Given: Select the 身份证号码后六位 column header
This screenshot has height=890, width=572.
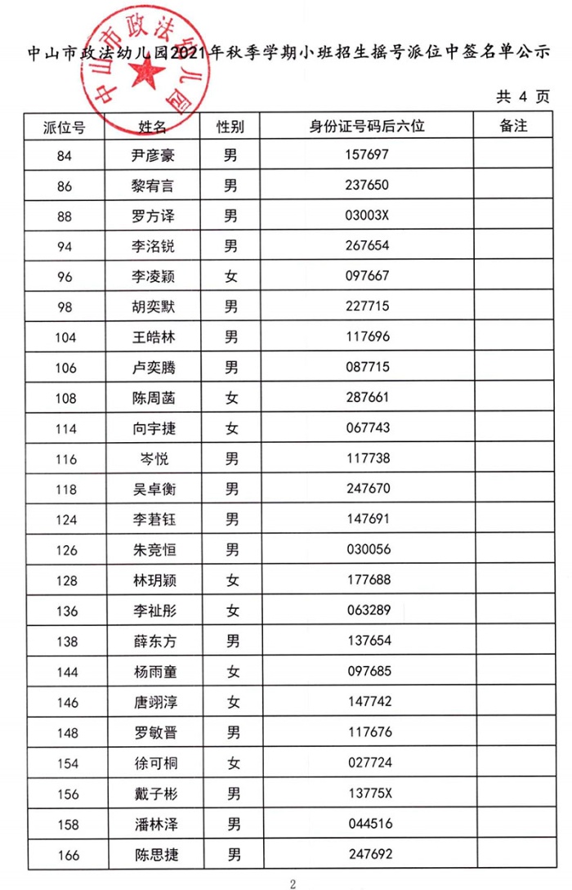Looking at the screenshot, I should tap(368, 127).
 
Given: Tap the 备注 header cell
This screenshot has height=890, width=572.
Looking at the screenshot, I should tap(512, 127).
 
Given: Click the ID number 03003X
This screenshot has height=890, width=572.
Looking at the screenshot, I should tap(368, 216).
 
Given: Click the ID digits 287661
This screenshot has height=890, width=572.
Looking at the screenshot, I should tap(368, 398).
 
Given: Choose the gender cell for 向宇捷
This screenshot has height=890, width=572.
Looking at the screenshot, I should tap(232, 428).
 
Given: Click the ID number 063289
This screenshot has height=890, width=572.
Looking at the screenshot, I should tap(368, 610).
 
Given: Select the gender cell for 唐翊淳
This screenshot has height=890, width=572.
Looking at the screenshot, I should tap(232, 702).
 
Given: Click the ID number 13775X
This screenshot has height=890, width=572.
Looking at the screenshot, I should tap(368, 794).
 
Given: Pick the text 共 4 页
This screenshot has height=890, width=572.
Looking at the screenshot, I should tap(523, 96).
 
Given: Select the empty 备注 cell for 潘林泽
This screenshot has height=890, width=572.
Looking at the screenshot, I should tap(512, 824).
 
